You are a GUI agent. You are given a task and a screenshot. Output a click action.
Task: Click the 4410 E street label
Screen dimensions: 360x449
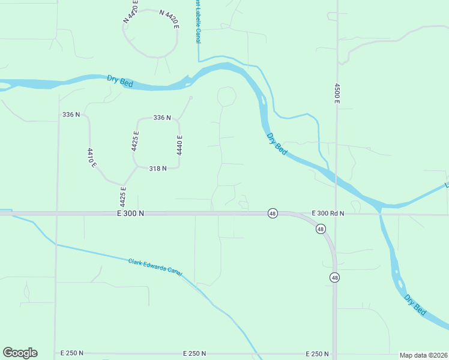(92, 157)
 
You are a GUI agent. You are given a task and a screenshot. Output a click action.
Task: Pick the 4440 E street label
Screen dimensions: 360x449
(179, 145)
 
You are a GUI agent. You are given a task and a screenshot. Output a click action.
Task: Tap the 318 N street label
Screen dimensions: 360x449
(157, 169)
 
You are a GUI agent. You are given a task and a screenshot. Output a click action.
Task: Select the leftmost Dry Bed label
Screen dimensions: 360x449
(120, 81)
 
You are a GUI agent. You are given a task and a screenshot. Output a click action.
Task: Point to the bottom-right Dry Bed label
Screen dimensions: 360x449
(415, 305)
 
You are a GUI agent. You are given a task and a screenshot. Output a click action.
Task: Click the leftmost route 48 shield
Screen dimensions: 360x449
(273, 214)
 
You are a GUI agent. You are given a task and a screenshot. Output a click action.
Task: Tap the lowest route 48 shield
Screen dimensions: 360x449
(333, 277)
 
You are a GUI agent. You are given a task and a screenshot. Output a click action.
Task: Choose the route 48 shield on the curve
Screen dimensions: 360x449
(321, 229)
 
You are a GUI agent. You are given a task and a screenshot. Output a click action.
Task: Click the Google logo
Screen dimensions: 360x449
(20, 353)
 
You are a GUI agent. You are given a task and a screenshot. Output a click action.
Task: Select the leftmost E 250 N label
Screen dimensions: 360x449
(72, 353)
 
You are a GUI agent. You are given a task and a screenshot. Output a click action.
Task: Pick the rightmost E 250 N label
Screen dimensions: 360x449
(317, 353)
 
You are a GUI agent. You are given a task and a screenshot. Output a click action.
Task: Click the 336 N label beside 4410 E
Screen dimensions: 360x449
(71, 114)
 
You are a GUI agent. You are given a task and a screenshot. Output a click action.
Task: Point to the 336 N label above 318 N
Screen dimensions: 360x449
(162, 118)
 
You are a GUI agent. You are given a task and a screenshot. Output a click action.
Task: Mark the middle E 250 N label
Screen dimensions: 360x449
(194, 353)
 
